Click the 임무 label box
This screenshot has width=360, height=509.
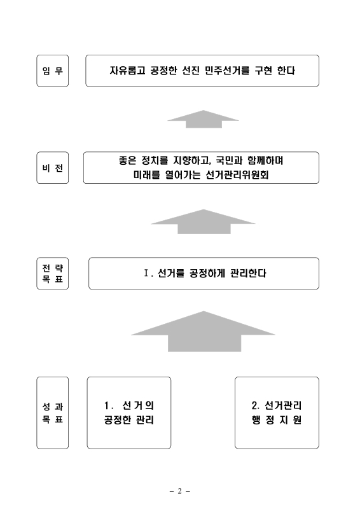(x=52, y=71)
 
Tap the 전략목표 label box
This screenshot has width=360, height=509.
(x=52, y=274)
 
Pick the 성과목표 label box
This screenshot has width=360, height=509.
(x=52, y=413)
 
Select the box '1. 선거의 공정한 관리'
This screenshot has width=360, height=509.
(x=129, y=413)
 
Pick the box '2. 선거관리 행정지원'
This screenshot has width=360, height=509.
(x=277, y=413)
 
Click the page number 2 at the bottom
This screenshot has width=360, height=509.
(x=180, y=491)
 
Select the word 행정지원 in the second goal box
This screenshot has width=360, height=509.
(x=277, y=421)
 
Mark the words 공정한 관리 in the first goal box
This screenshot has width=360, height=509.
(x=129, y=421)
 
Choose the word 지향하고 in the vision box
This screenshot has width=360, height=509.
(x=187, y=162)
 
